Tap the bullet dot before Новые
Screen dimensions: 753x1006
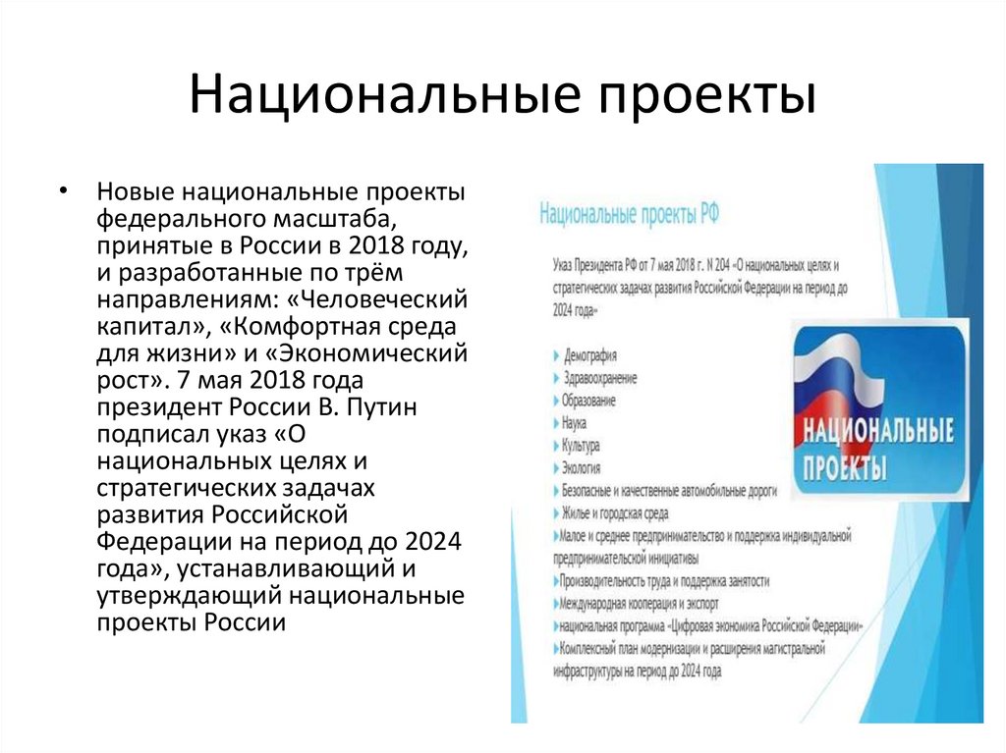click(64, 188)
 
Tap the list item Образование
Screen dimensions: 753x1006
click(589, 401)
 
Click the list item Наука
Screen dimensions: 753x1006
click(575, 423)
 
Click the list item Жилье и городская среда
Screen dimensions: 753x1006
click(615, 511)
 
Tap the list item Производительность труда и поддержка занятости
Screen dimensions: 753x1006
click(664, 580)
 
